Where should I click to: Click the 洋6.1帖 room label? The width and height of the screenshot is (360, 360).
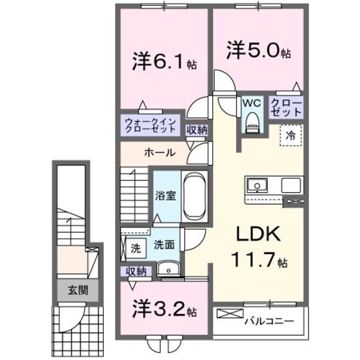tap(164, 63)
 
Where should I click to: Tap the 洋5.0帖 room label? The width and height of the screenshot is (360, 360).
tap(258, 51)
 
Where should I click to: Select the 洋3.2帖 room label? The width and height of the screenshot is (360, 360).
tap(164, 309)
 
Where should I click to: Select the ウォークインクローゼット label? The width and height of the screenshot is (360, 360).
tap(150, 125)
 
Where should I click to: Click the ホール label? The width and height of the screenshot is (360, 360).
tap(159, 152)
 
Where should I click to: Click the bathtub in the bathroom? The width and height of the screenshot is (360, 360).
tap(194, 196)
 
